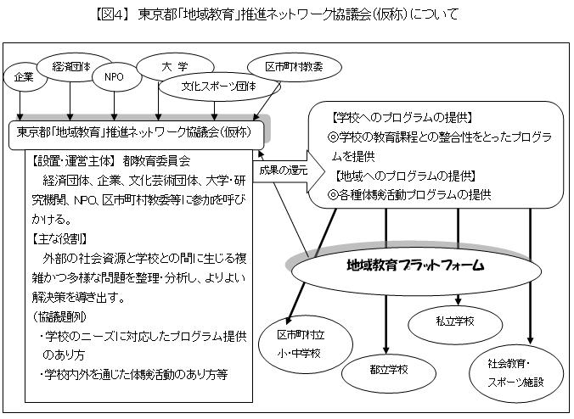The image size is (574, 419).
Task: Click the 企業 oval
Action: (24, 76)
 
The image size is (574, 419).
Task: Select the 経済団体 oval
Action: (70, 65)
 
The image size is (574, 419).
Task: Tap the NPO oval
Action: (114, 76)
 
